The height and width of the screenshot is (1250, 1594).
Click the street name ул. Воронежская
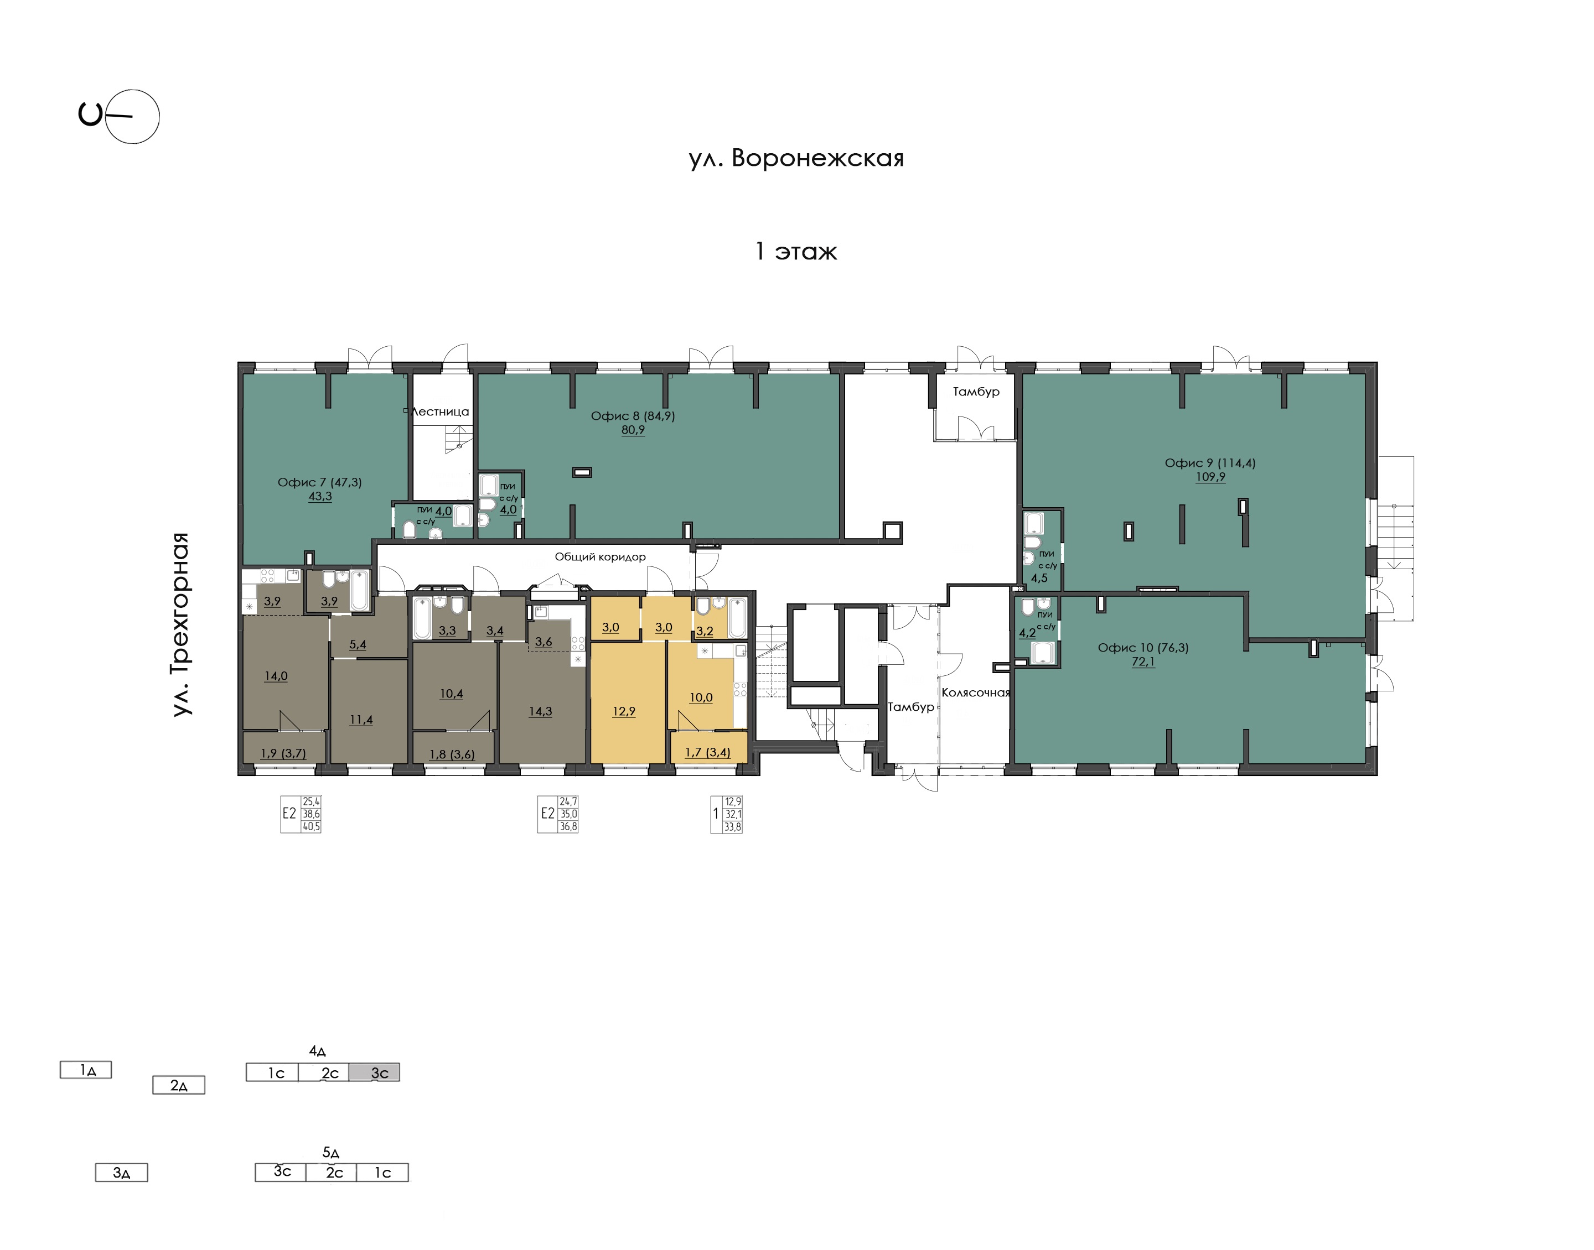pos(796,158)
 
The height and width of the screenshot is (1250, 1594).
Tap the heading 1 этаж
pos(796,252)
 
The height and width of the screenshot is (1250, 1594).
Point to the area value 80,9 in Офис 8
pos(633,430)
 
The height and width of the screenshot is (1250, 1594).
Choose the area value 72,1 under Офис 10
pos(1143,662)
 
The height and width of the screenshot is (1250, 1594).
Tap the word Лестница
pos(440,412)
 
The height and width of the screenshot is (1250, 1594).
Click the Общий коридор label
pos(601,557)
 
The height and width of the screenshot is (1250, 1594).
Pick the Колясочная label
pos(975,692)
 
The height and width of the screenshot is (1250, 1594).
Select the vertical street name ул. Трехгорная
pos(180,624)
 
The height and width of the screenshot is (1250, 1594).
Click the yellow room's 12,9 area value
pos(624,711)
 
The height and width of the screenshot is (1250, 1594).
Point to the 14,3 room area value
pos(540,711)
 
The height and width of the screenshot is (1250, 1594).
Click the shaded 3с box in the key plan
pos(374,1072)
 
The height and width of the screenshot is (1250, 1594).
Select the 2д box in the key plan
pos(179,1085)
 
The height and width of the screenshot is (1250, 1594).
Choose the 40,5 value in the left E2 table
pos(311,827)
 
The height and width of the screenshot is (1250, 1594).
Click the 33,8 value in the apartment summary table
pos(732,827)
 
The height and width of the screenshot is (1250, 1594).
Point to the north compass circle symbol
pos(132,116)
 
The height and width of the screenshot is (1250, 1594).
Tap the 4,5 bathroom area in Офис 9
pos(1039,578)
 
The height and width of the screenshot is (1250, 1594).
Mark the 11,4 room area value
pos(361,720)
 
